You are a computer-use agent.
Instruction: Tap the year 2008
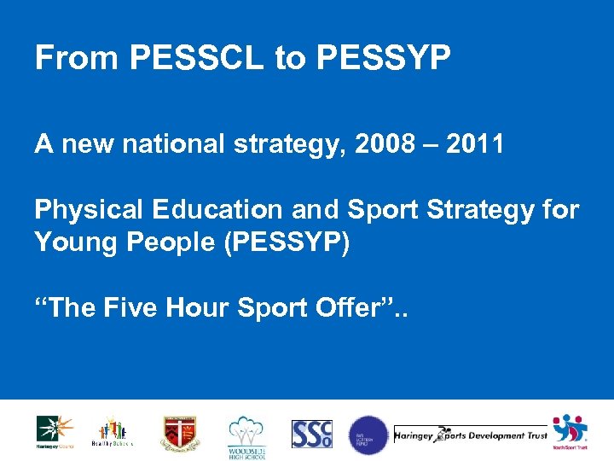point(380,145)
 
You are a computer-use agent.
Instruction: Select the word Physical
point(84,210)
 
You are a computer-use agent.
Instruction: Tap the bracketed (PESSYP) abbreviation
point(281,242)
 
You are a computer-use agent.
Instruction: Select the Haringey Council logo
point(55,431)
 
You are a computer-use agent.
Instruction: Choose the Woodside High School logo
point(246,435)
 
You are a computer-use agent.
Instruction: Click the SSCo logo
point(311,434)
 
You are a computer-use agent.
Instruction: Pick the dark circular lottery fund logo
point(368,435)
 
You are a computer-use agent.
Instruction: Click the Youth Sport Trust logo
point(569,432)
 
